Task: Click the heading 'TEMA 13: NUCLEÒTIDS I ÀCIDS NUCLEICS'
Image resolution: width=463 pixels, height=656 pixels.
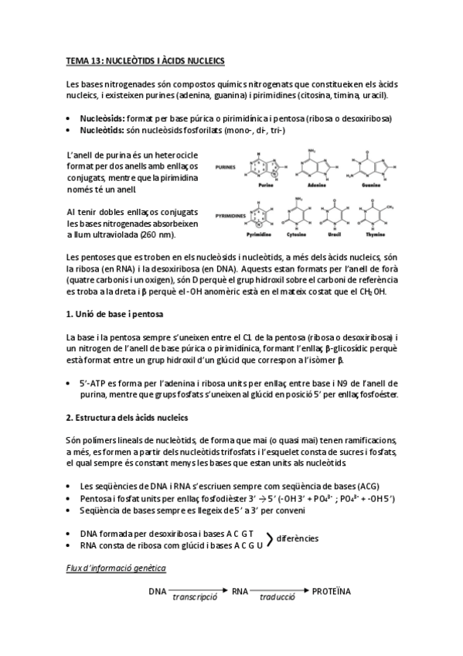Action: click(145, 60)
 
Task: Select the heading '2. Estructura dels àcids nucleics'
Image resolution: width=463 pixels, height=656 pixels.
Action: click(127, 418)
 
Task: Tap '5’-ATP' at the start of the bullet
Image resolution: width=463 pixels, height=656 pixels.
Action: click(96, 382)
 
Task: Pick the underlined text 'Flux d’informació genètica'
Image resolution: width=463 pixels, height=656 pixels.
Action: click(115, 569)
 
